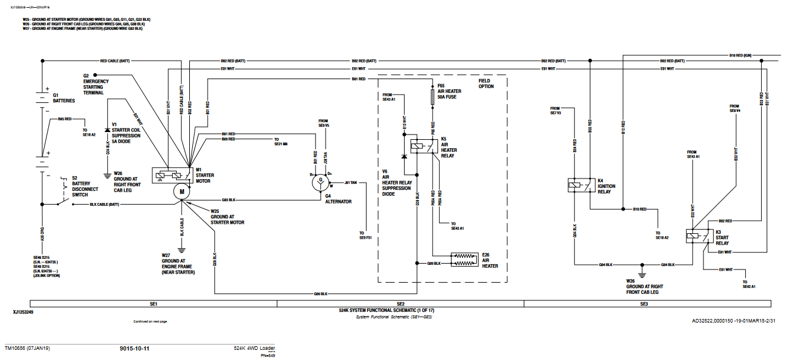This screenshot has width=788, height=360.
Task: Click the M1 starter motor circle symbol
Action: [182, 191]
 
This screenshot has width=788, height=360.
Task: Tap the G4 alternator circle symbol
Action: [321, 183]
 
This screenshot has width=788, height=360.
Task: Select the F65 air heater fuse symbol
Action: [433, 96]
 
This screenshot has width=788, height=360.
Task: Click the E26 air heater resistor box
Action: [465, 259]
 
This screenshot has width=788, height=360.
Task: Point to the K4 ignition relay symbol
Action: [579, 186]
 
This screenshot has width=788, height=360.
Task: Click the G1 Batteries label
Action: [64, 98]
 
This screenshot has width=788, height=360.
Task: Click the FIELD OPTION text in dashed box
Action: [486, 84]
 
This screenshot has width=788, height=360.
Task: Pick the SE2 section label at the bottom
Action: [401, 304]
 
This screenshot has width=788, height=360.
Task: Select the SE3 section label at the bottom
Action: [644, 304]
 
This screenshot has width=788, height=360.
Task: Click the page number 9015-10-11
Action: [135, 348]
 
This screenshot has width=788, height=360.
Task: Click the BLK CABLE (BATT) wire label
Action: [104, 205]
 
